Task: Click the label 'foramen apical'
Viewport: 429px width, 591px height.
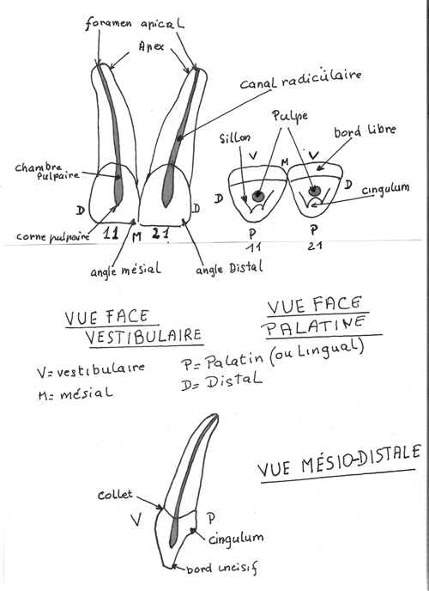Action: [x=135, y=23]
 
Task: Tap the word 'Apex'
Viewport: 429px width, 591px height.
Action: [x=151, y=46]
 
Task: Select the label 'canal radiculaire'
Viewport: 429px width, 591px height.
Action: [x=300, y=80]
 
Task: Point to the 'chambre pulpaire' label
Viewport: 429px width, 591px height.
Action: [x=46, y=172]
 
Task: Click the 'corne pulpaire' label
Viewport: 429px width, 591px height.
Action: [x=53, y=236]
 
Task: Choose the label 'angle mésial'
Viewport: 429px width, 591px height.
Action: [x=125, y=270]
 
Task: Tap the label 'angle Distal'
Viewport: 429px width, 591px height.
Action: [x=229, y=268]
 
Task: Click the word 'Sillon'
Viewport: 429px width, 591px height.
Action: [x=235, y=138]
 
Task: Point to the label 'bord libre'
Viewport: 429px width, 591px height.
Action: [x=365, y=131]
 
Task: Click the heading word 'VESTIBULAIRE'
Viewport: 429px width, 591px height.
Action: [x=143, y=336]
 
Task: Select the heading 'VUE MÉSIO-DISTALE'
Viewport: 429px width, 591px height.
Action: [x=339, y=461]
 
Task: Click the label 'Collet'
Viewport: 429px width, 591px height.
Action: [x=115, y=494]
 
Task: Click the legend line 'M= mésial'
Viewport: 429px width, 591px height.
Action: [x=76, y=394]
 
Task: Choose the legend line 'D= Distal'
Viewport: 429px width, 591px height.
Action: [x=221, y=381]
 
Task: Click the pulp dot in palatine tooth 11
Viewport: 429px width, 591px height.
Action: [x=257, y=195]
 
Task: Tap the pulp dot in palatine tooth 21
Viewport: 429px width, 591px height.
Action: [x=313, y=191]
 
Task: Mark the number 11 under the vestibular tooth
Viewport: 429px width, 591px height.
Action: [x=111, y=234]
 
